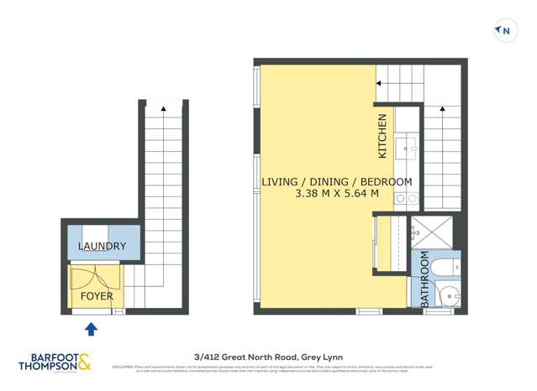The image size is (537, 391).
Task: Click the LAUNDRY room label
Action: [x=102, y=247]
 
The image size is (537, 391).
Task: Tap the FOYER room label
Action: [x=97, y=296]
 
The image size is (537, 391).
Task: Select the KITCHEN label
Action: [x=382, y=137]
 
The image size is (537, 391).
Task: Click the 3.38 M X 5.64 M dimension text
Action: [x=336, y=194]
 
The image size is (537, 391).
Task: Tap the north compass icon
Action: [x=503, y=31]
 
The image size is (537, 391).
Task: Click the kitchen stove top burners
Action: [x=407, y=199]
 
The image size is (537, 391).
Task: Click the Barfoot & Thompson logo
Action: [x=55, y=362]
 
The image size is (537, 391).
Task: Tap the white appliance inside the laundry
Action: [x=95, y=235]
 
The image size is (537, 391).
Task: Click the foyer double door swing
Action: [x=95, y=279]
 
